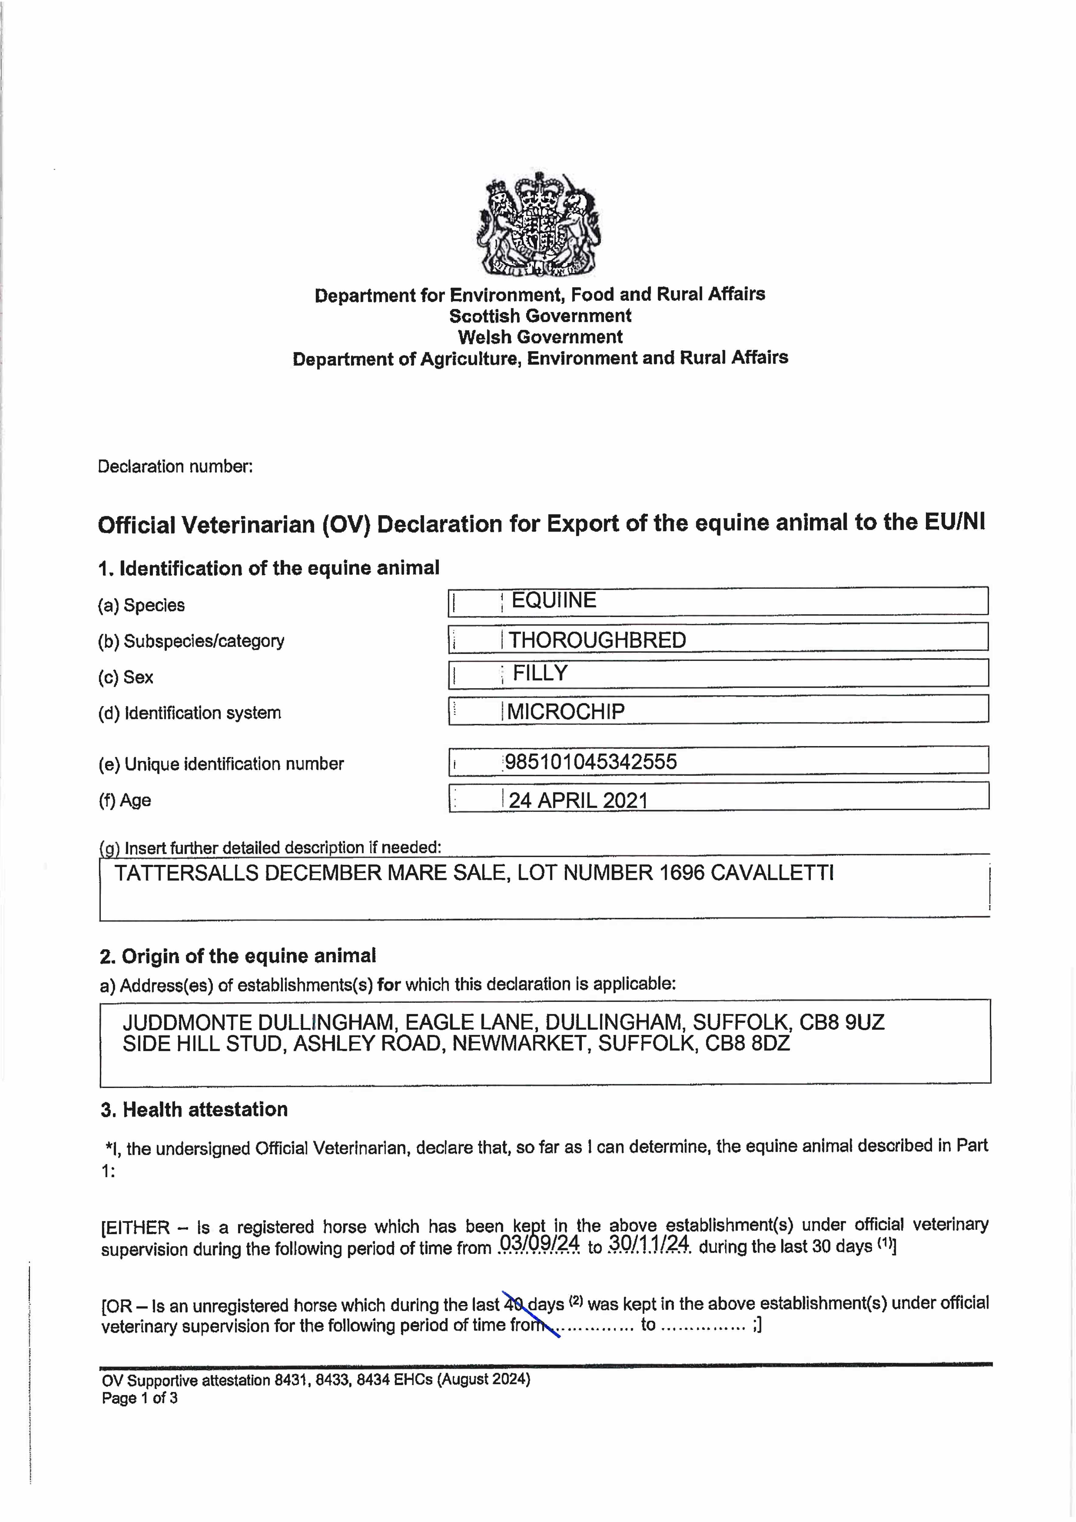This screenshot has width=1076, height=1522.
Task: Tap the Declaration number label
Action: point(175,467)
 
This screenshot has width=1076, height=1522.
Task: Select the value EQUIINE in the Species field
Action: point(554,601)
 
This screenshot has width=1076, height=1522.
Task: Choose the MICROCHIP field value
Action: point(565,711)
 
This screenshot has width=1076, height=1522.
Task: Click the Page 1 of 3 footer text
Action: point(140,1399)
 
